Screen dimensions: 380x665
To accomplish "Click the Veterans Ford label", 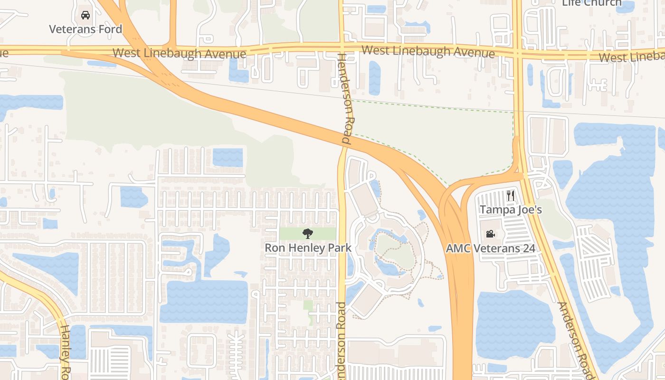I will tap(85, 29).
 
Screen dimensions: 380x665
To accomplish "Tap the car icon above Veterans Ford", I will tap(85, 15).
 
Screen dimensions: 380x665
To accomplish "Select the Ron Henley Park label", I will tap(308, 248).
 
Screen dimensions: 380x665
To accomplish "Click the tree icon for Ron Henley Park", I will tap(308, 233).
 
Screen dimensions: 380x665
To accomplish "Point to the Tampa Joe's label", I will tap(511, 209).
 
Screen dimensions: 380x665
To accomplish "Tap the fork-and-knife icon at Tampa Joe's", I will tap(511, 195).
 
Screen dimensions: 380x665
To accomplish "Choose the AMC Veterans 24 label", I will tap(490, 248).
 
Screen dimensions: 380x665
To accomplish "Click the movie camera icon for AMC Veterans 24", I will tap(490, 234).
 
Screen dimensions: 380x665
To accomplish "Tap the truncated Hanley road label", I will tap(65, 351).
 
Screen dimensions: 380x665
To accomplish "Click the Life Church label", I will tap(591, 3).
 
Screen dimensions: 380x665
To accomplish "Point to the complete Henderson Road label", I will tap(345, 99).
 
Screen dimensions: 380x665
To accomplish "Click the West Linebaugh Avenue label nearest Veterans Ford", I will tap(180, 53).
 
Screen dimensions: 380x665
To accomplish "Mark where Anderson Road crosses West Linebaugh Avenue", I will tap(518, 52).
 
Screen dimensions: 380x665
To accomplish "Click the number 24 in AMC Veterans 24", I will tap(528, 248).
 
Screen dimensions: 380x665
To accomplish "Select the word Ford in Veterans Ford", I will tap(110, 29).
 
